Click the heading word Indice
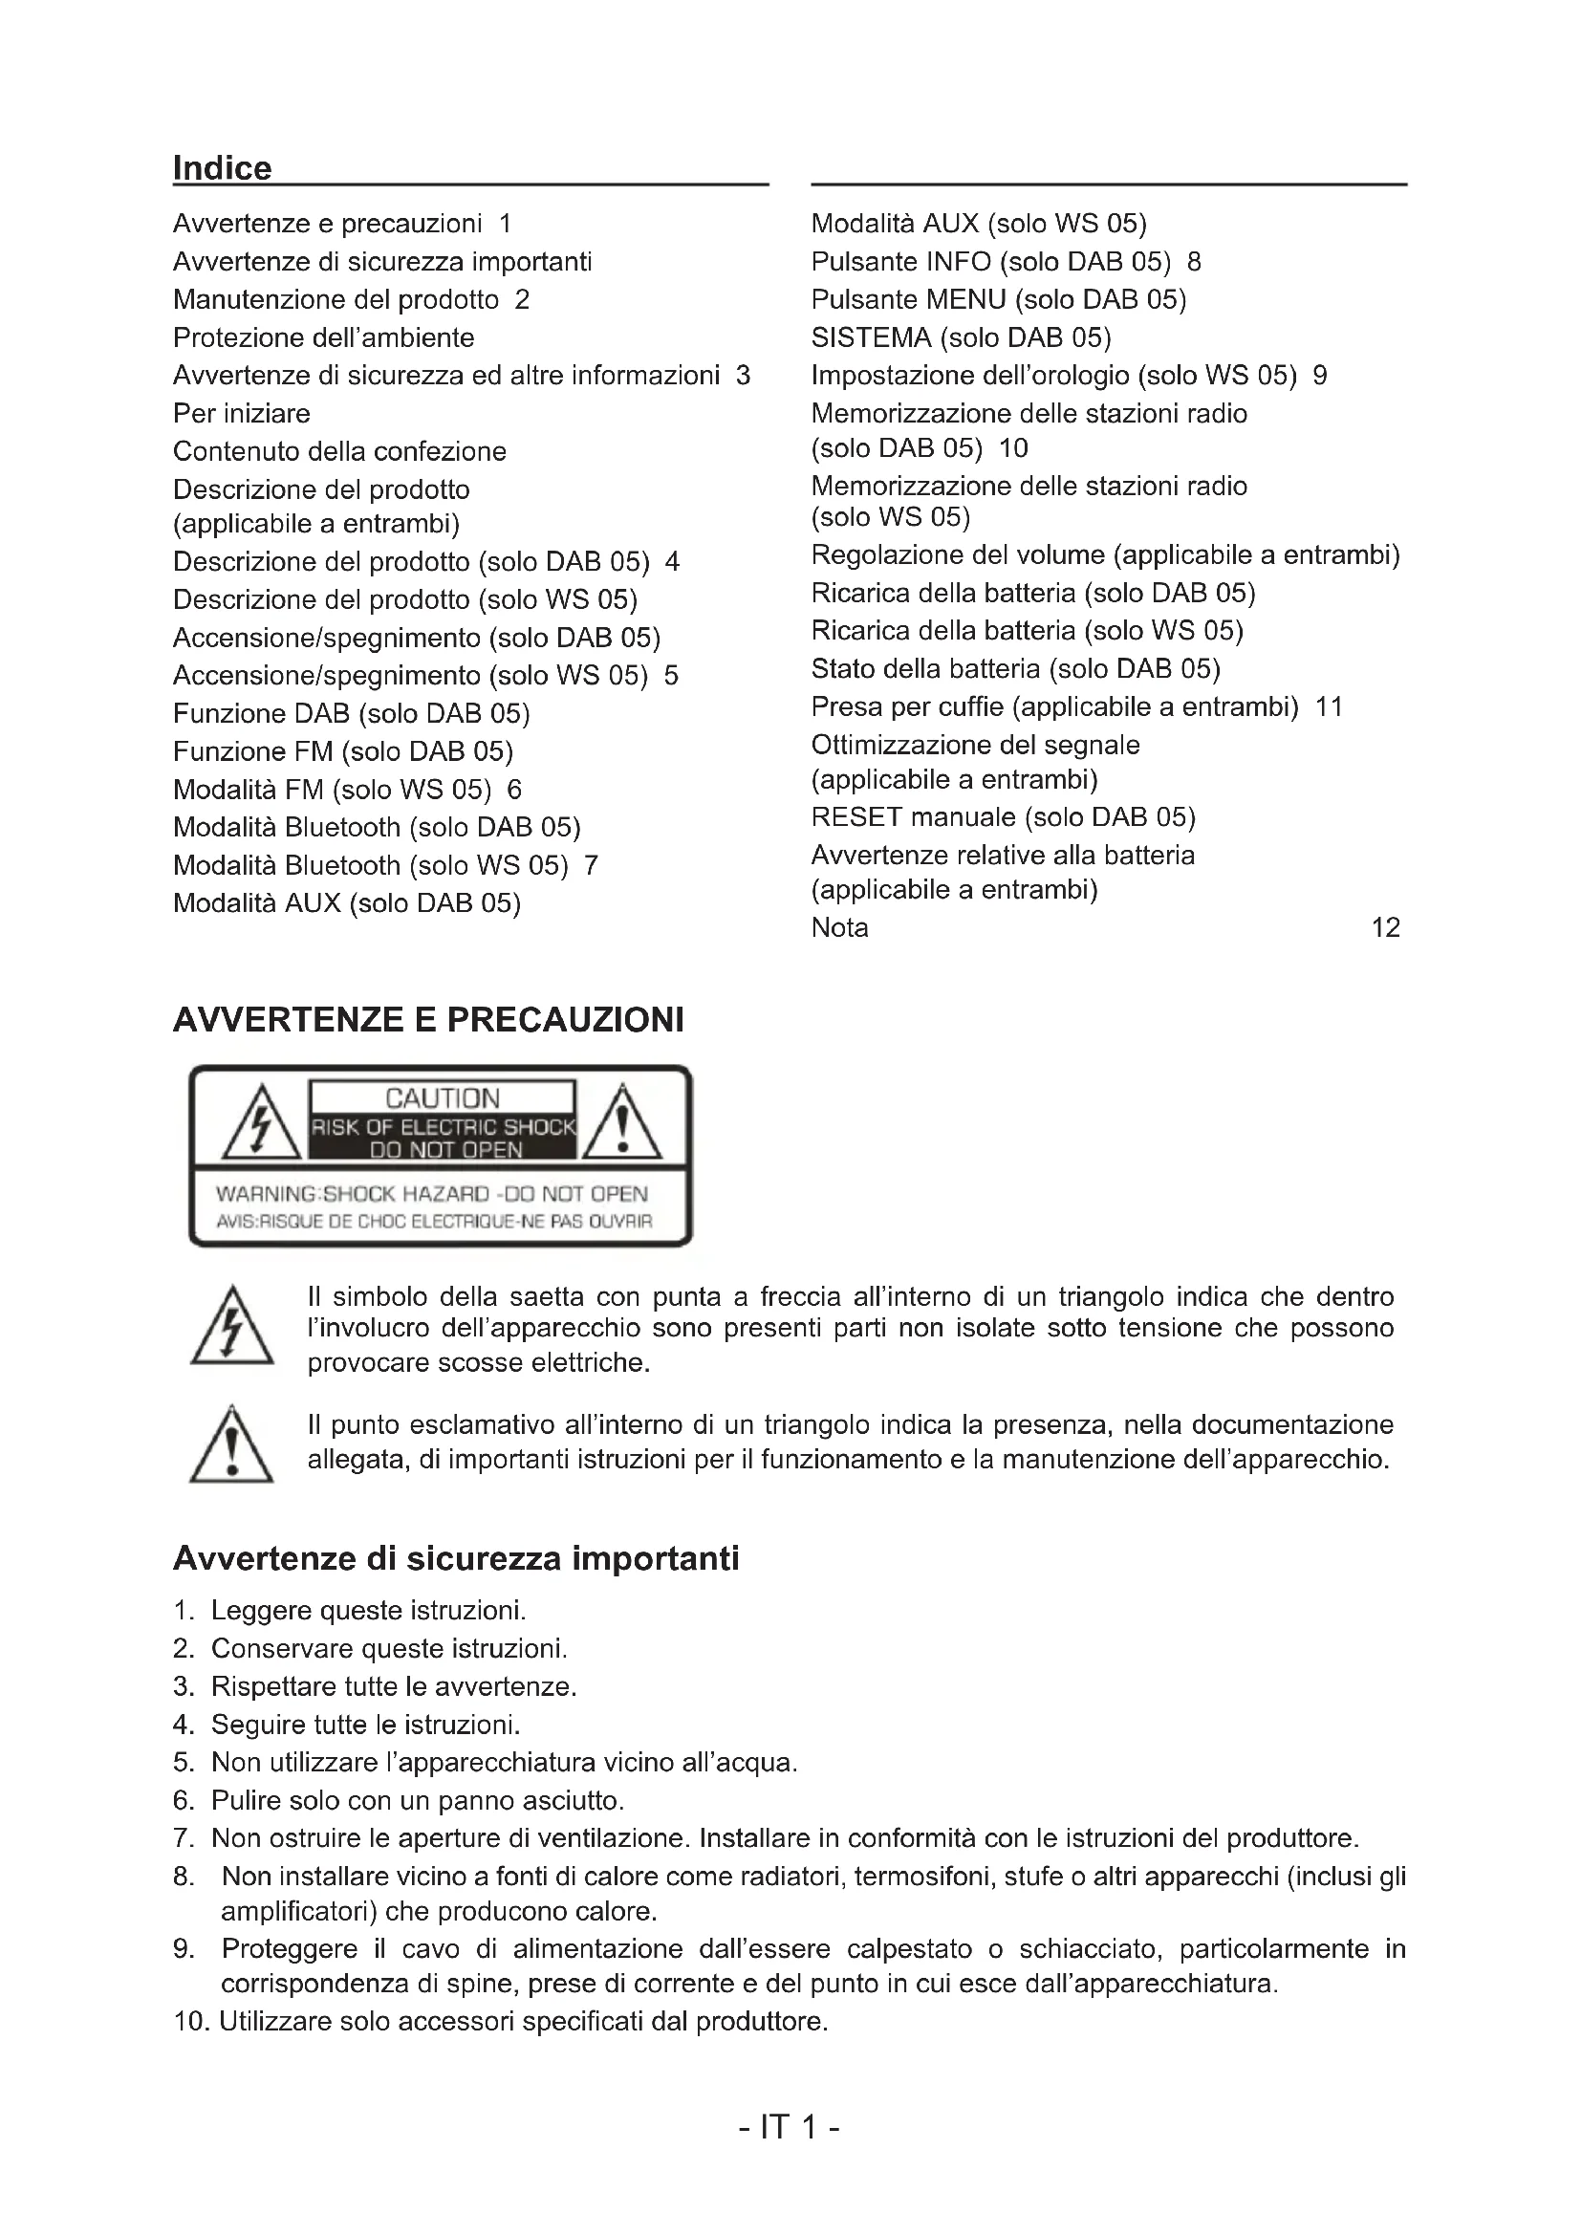pyautogui.click(x=222, y=168)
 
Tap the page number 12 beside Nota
pyautogui.click(x=1384, y=927)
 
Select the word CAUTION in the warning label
pyautogui.click(x=442, y=1098)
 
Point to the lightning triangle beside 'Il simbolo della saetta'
pyautogui.click(x=231, y=1328)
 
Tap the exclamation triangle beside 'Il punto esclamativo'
pyautogui.click(x=231, y=1447)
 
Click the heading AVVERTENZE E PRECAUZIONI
pyautogui.click(x=428, y=1020)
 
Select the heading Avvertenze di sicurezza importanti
pyautogui.click(x=456, y=1558)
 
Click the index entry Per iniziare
pyautogui.click(x=242, y=414)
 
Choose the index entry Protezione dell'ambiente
pyautogui.click(x=323, y=337)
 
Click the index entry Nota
pyautogui.click(x=839, y=927)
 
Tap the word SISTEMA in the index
pyautogui.click(x=872, y=337)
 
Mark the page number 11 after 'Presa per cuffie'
pyautogui.click(x=1328, y=707)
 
